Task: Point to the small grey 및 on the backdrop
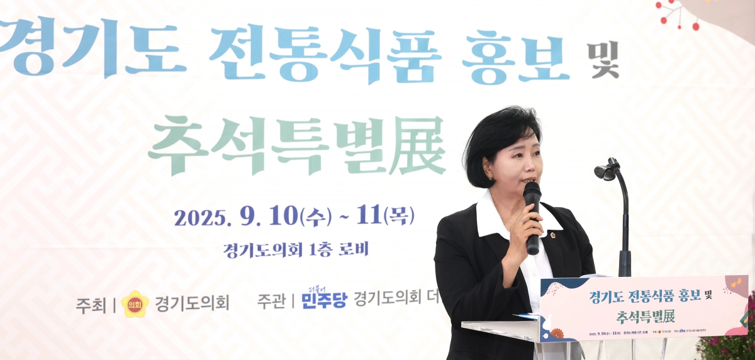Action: pos(605,60)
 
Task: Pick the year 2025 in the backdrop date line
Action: pos(200,218)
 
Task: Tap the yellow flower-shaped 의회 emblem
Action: pos(135,304)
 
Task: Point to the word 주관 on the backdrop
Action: pos(272,301)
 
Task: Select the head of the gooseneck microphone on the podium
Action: pos(607,170)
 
